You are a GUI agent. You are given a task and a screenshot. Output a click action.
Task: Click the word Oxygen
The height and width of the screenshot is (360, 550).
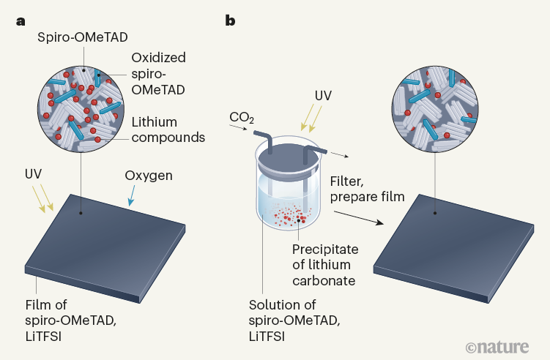(149, 176)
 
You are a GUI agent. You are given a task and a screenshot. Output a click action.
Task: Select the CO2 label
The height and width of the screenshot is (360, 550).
(243, 117)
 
